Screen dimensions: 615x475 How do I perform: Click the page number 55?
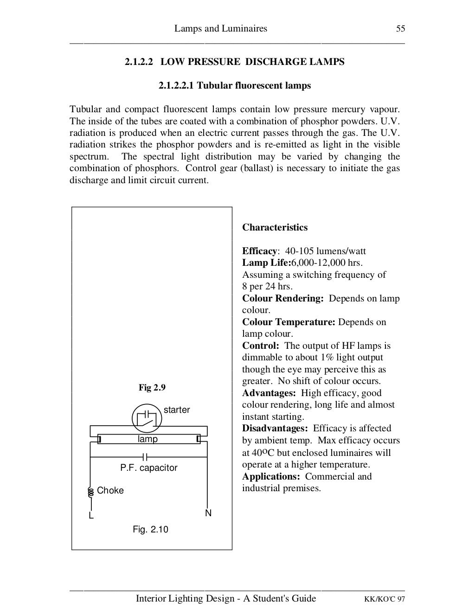coord(400,29)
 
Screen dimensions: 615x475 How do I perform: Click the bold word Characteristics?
coord(275,227)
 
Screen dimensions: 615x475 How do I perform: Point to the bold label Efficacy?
coord(259,251)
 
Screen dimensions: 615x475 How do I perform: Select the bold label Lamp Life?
coord(266,263)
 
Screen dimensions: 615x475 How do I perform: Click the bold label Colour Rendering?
coord(282,298)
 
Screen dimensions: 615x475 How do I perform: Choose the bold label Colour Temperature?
coord(289,322)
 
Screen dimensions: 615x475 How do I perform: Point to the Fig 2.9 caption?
coord(152,387)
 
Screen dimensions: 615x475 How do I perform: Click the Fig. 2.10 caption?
coord(150,529)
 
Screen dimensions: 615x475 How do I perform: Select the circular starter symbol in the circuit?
coord(147,418)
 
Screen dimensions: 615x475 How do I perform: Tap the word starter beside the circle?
coord(177,410)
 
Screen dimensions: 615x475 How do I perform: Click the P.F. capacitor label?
coord(148,468)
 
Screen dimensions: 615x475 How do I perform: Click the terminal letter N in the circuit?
coord(208,513)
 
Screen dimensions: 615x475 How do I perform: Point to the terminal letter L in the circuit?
coord(91,516)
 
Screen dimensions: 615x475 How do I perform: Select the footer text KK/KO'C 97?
coord(384,599)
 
